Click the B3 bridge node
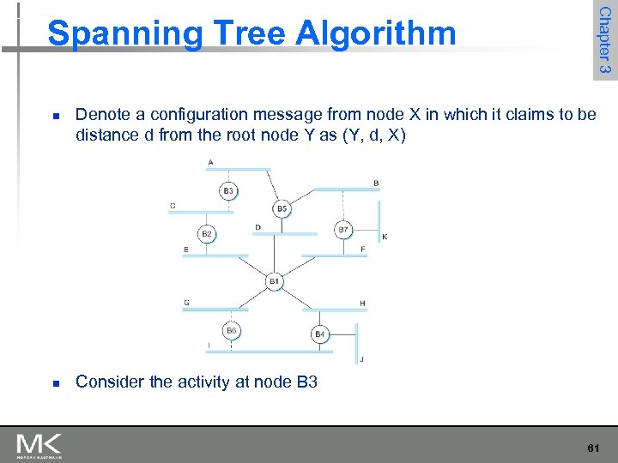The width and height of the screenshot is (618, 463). coord(228,190)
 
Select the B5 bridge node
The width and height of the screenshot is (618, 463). coord(282,208)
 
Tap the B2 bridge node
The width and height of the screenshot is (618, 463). coord(207,233)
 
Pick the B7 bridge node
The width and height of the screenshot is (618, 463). coord(343,229)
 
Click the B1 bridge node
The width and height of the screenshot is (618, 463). coord(274,281)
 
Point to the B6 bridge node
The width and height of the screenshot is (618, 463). coord(231,330)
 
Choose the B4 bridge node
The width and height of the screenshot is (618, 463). coord(319,334)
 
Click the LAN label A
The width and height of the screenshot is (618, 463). coord(211,162)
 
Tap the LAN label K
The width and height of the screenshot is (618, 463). coord(384,237)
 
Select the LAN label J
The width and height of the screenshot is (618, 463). coord(361,359)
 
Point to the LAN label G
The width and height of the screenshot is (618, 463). coord(186,302)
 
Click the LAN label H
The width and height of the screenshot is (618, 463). coord(362,303)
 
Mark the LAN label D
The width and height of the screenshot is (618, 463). coord(257,227)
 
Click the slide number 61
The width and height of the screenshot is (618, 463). coord(593,448)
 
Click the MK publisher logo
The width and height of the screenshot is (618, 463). coord(39,445)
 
